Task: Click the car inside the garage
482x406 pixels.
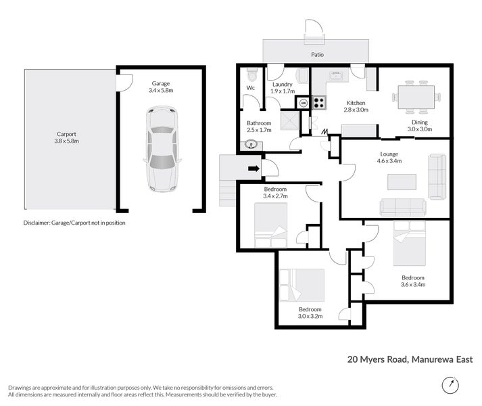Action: click(x=162, y=150)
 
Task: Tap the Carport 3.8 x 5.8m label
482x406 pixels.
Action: click(x=67, y=137)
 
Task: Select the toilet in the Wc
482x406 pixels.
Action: click(x=252, y=74)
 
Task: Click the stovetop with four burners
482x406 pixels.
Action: click(x=319, y=102)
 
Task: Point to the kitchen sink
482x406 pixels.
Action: click(x=336, y=74)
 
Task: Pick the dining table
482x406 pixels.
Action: click(x=416, y=97)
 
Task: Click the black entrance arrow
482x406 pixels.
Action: click(x=254, y=168)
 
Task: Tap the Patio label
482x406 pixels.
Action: click(x=317, y=55)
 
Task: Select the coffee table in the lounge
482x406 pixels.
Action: click(x=402, y=182)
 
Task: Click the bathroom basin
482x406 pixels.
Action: click(x=251, y=145)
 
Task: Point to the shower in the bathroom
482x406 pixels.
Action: click(x=289, y=120)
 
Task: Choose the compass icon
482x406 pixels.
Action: click(x=450, y=385)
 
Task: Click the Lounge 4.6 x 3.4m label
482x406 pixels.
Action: click(x=389, y=157)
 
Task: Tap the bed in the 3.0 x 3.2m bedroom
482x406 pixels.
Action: click(x=302, y=286)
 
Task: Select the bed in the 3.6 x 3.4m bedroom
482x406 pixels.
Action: click(x=410, y=244)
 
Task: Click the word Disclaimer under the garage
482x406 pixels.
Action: click(x=37, y=223)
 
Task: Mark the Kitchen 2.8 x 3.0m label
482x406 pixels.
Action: click(x=356, y=106)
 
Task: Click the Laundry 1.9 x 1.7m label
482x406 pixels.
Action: click(x=283, y=87)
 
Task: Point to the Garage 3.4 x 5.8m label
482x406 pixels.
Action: click(x=161, y=87)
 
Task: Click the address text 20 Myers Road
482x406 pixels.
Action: click(x=377, y=359)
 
